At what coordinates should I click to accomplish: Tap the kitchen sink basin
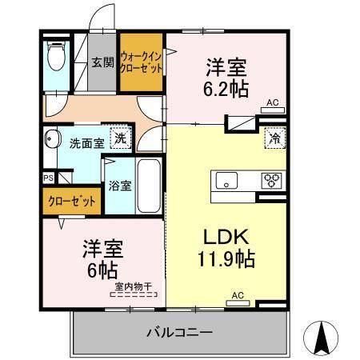pyautogui.click(x=225, y=181)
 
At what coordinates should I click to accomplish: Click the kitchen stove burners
pyautogui.click(x=271, y=180)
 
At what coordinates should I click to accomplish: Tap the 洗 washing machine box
pyautogui.click(x=119, y=137)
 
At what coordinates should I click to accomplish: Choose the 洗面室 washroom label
pyautogui.click(x=86, y=145)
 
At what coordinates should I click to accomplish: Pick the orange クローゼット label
pyautogui.click(x=73, y=202)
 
